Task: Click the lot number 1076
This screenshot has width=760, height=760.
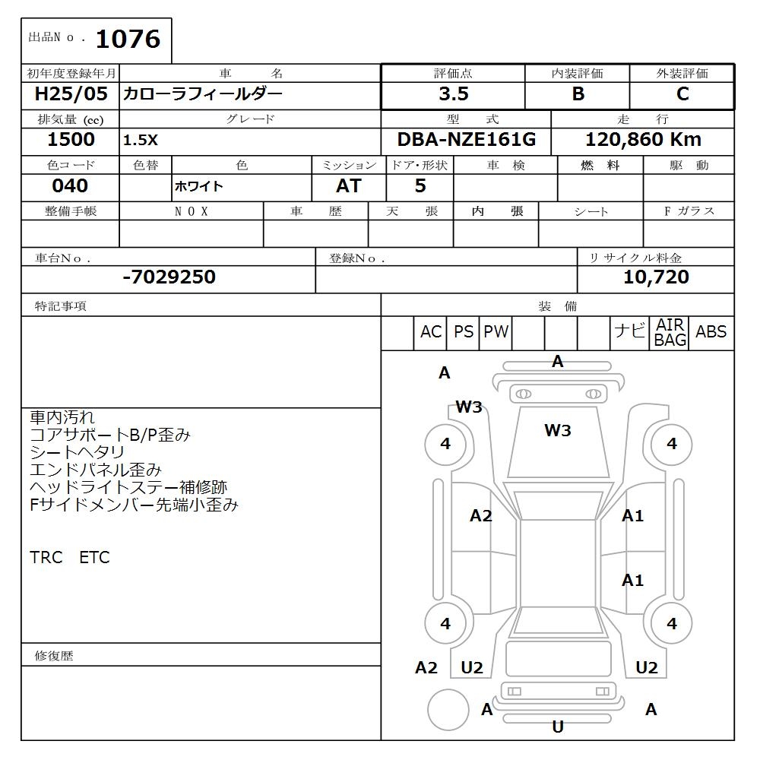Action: pos(128,39)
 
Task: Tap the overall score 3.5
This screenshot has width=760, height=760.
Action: pos(454,94)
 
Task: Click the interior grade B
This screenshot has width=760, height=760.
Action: pos(578,94)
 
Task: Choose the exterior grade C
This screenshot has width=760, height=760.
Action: pos(682,94)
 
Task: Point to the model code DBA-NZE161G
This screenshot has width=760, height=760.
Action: pos(467,140)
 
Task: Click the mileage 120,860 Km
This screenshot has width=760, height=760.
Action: pos(643,140)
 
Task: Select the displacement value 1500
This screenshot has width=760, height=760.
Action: pos(71,140)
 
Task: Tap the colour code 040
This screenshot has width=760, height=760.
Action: pos(70,186)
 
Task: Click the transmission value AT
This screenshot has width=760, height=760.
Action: pos(349,186)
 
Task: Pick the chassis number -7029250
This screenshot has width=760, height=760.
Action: pos(169,277)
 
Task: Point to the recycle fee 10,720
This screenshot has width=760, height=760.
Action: pos(656,277)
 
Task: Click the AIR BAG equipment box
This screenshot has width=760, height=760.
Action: pos(670,333)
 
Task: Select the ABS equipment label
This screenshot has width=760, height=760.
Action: pos(711,332)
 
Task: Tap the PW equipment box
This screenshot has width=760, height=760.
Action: pos(496,332)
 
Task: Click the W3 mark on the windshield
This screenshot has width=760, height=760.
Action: pos(558,431)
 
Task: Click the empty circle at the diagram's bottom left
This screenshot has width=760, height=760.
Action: pos(448,710)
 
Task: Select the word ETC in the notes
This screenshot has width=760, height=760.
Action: pos(94,558)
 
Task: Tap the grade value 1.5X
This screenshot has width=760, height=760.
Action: pos(141,141)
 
